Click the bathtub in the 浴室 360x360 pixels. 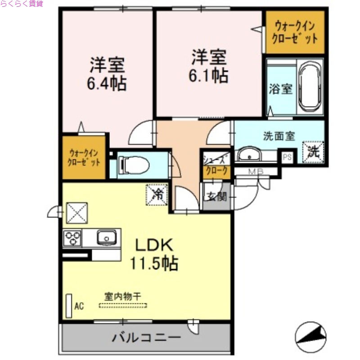[309, 87]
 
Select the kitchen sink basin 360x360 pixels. [107, 237]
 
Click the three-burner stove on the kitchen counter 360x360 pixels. [72, 237]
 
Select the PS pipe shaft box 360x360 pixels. [287, 157]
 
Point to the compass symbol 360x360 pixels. [310, 337]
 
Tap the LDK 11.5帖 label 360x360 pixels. [154, 254]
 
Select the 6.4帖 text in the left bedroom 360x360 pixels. [107, 83]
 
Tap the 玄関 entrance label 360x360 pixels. [216, 197]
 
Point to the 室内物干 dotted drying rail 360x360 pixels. [123, 306]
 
